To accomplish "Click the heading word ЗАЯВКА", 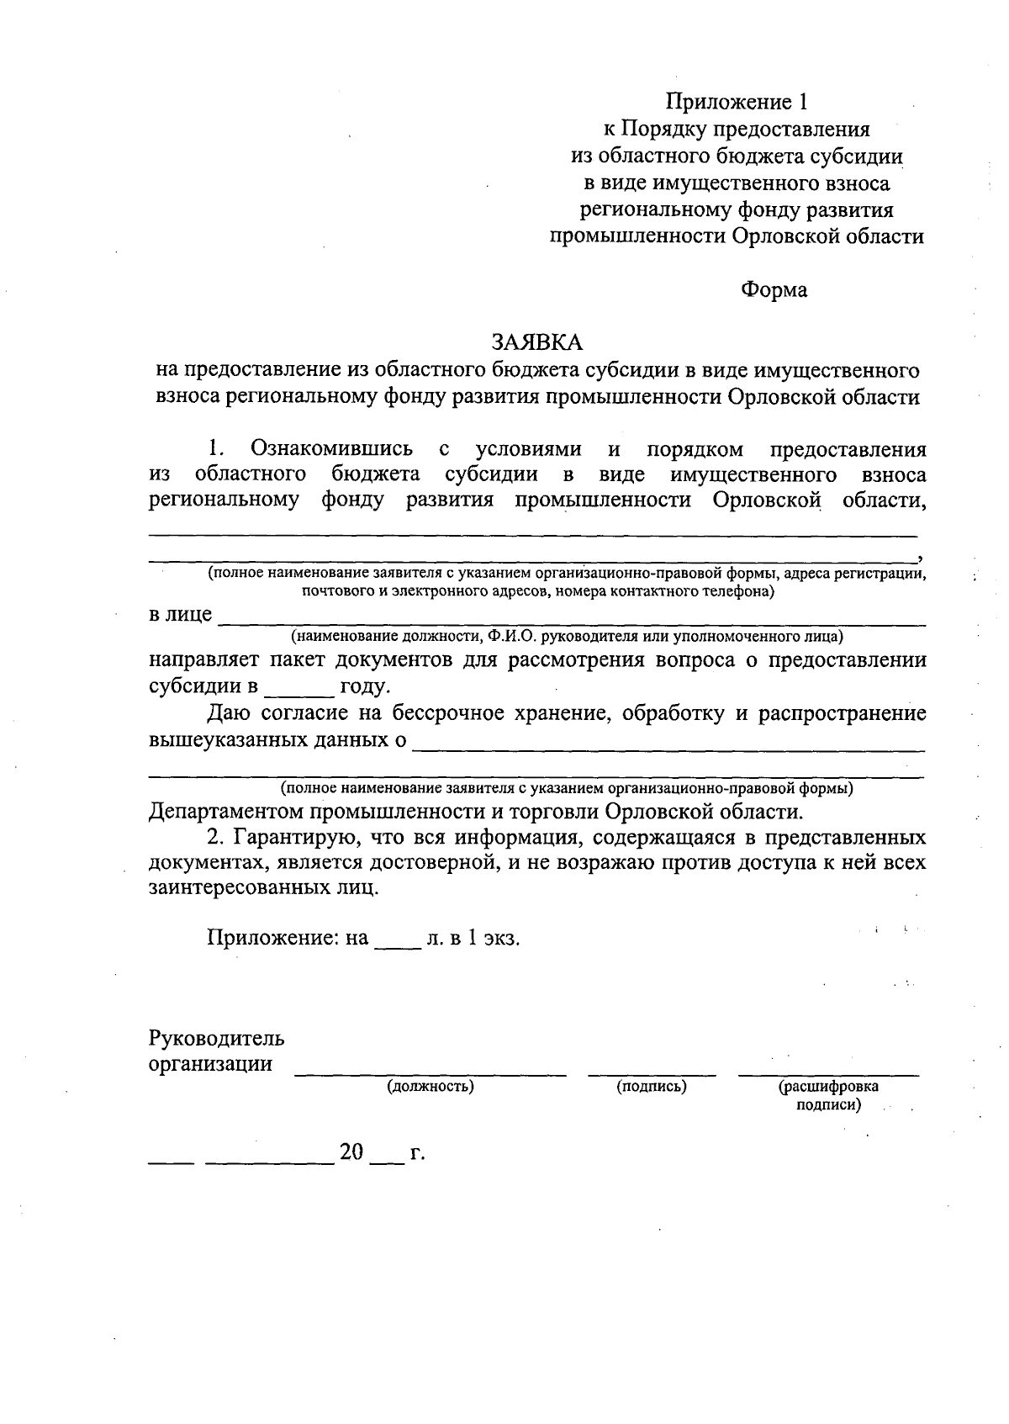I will [536, 342].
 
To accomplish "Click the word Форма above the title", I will [773, 290].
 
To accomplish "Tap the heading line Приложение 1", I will [737, 102].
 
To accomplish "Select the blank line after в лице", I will [572, 621].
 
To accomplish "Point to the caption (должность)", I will [431, 1086].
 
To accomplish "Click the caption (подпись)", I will [652, 1086].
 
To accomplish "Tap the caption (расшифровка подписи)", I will [828, 1095].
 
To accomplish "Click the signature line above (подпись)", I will [652, 1072].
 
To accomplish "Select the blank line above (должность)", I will [431, 1072].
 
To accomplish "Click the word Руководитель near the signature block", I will [216, 1037].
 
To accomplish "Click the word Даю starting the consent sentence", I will [226, 713].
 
